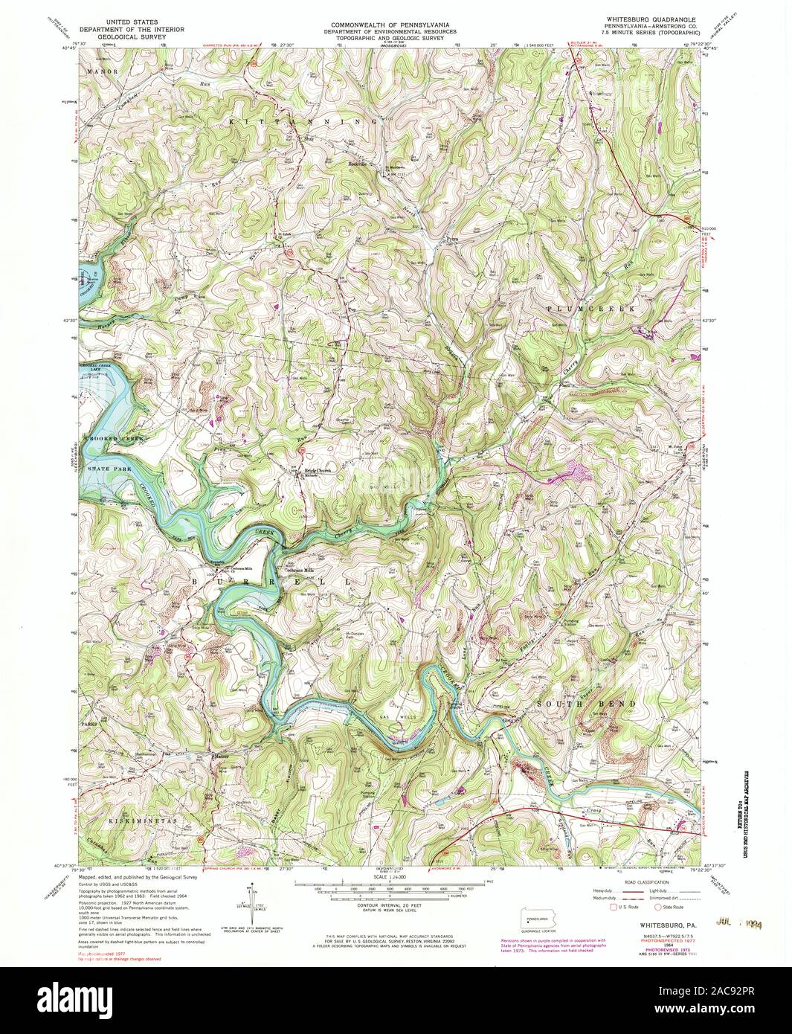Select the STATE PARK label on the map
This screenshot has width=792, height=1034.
point(108,470)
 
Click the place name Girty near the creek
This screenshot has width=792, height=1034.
point(509,720)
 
